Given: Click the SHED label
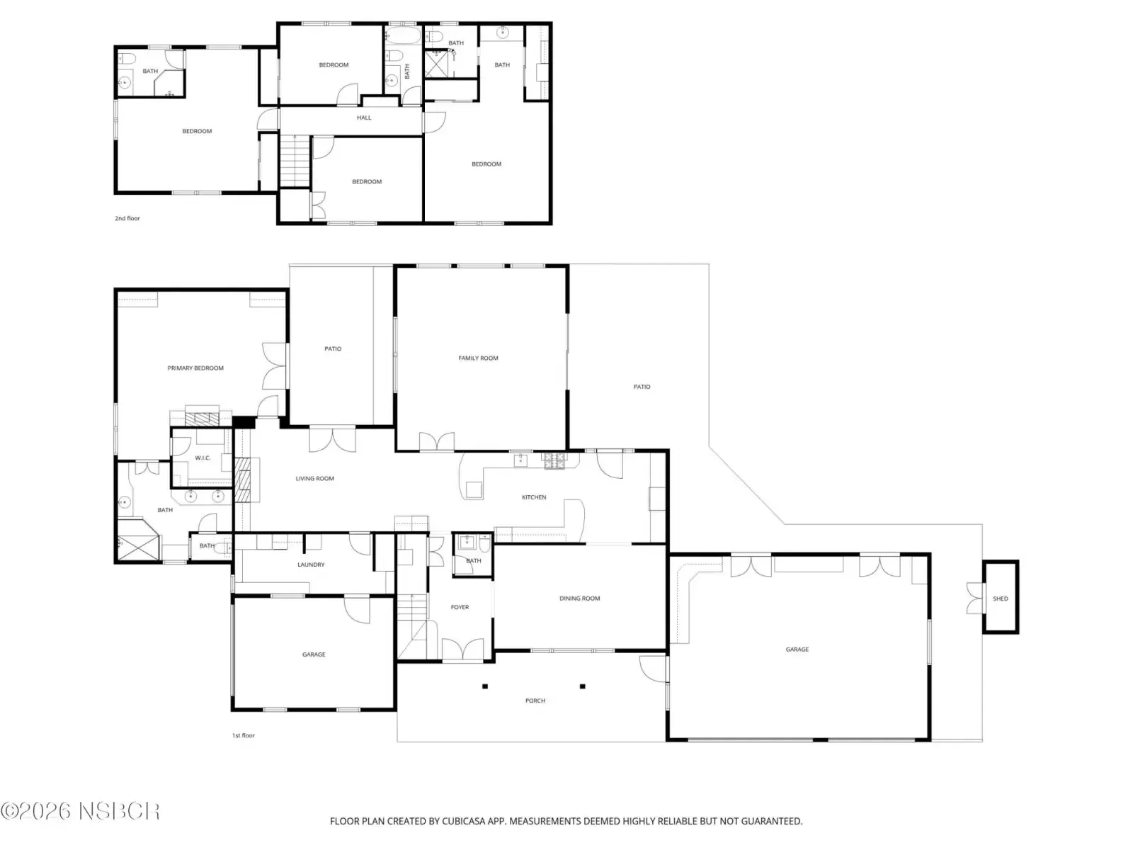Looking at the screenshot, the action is pyautogui.click(x=1000, y=599).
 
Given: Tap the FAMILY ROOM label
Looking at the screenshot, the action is pyautogui.click(x=478, y=358).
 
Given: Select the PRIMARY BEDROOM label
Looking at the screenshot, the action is pyautogui.click(x=195, y=368).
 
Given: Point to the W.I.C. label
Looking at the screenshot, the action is pyautogui.click(x=203, y=458).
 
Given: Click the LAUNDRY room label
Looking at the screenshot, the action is pyautogui.click(x=311, y=565).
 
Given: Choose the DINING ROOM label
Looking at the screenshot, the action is pyautogui.click(x=580, y=599).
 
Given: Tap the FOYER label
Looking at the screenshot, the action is pyautogui.click(x=460, y=608).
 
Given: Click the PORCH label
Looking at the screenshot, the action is pyautogui.click(x=535, y=701).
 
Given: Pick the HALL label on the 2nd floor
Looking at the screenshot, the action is pyautogui.click(x=364, y=118).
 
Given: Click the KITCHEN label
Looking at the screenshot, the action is pyautogui.click(x=534, y=497).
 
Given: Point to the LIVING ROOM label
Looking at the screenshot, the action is pyautogui.click(x=314, y=479).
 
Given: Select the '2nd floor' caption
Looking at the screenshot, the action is pyautogui.click(x=127, y=218).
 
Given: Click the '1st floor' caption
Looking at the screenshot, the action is pyautogui.click(x=243, y=735).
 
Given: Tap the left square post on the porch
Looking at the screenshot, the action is pyautogui.click(x=484, y=686).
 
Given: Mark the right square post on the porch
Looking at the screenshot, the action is pyautogui.click(x=582, y=686).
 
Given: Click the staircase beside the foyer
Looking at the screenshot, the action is pyautogui.click(x=412, y=618).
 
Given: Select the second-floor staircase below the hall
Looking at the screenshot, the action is pyautogui.click(x=295, y=161).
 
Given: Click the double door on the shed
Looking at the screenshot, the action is pyautogui.click(x=976, y=599).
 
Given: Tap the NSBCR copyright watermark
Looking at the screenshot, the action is pyautogui.click(x=80, y=811).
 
